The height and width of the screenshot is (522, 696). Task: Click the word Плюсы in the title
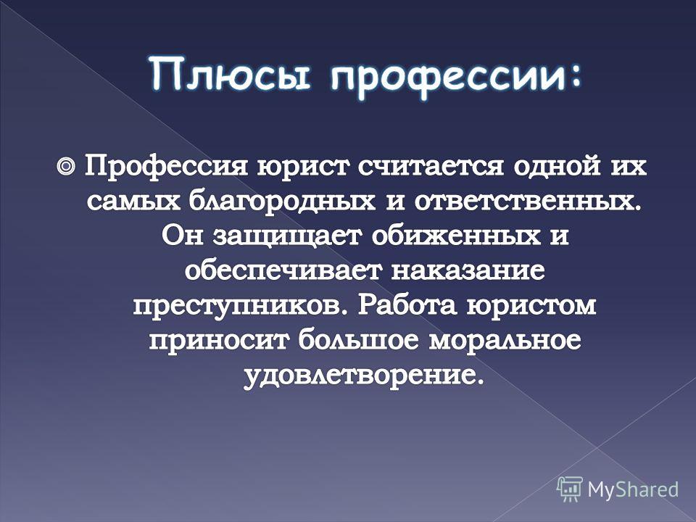(x=229, y=74)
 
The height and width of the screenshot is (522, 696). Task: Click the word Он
(x=183, y=236)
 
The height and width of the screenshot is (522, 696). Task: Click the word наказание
(x=468, y=270)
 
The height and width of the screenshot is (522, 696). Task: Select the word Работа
(x=407, y=304)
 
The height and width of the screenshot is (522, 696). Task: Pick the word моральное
(x=505, y=341)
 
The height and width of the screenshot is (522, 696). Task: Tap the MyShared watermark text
(x=633, y=489)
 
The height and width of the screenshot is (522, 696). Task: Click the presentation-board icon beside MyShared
(x=570, y=489)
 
